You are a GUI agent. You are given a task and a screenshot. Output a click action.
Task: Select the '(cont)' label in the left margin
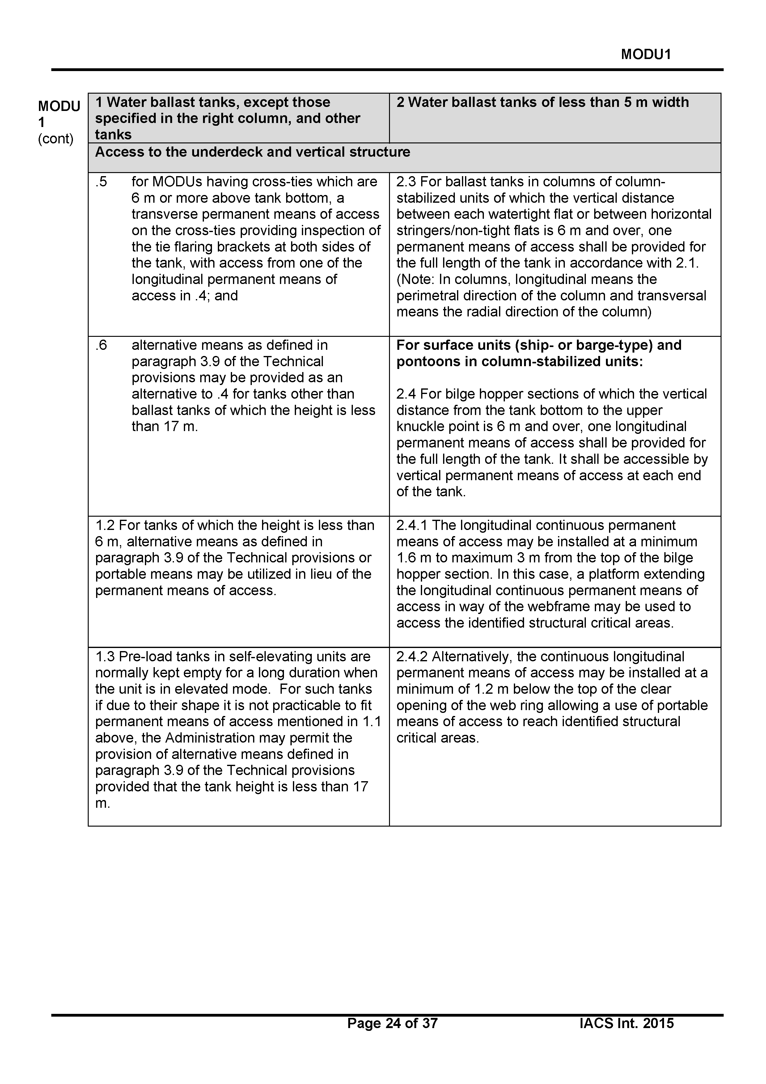click(56, 139)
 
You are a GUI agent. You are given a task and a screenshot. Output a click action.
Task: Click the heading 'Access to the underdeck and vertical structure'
click(252, 152)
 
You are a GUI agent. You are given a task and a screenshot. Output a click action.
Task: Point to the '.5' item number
click(101, 182)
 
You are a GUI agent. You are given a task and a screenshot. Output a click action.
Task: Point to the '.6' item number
click(101, 345)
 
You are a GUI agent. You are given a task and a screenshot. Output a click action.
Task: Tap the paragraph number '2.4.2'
click(412, 657)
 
